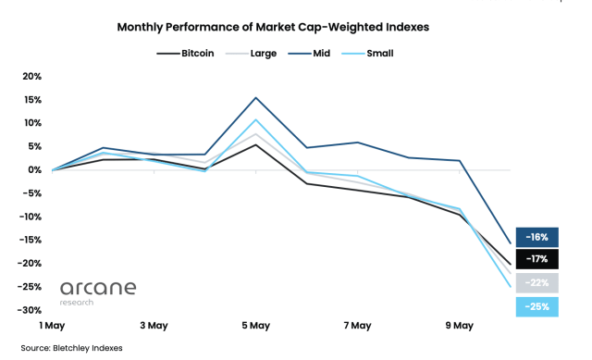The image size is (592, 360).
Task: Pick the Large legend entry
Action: click(262, 53)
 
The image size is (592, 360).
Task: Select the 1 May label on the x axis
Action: click(52, 326)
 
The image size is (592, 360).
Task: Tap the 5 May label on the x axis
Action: click(255, 326)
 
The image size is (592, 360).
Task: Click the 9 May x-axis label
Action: click(459, 326)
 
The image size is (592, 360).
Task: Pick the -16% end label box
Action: click(537, 237)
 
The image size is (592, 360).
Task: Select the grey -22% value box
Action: click(537, 283)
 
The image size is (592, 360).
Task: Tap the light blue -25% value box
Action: click(537, 306)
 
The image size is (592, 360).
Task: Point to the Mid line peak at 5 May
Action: click(256, 97)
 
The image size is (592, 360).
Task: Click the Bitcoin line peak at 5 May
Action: click(256, 144)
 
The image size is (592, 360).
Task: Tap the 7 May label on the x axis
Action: click(357, 326)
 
